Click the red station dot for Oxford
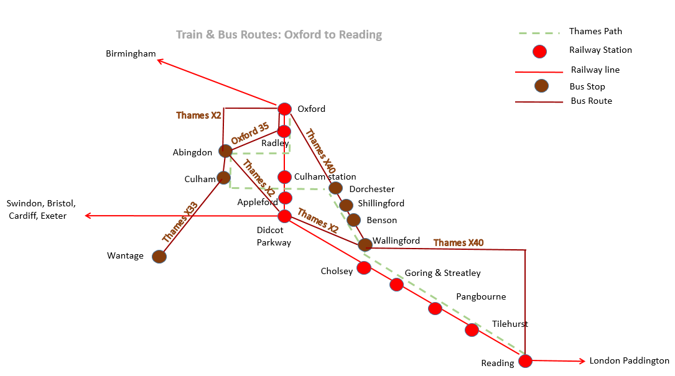pos(284,109)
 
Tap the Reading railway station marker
pos(525,361)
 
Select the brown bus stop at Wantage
pos(159,257)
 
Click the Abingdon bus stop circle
pos(226,151)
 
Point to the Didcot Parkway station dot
pos(284,216)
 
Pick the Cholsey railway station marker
pos(364,268)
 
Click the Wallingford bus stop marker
pos(365,244)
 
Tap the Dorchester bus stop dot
pos(336,188)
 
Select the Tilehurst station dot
pos(472,330)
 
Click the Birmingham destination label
pos(131,54)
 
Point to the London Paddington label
pos(630,360)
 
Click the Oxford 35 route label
pos(250,134)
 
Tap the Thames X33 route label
pos(180,222)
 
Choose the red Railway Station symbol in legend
pos(539,52)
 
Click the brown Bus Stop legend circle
pos(541,86)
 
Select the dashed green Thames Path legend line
pos(539,33)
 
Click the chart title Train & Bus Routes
pos(279,34)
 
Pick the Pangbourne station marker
pos(435,308)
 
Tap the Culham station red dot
pos(284,177)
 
